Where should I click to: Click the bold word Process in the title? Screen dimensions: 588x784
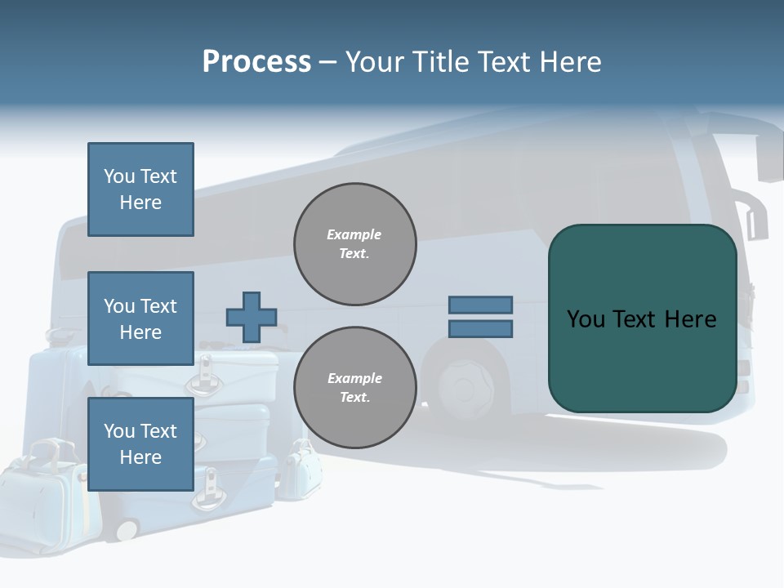(x=256, y=61)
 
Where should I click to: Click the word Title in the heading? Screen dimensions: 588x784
(x=435, y=61)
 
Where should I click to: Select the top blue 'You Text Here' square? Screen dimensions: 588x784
(x=140, y=189)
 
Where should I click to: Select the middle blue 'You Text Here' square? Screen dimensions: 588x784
(x=140, y=318)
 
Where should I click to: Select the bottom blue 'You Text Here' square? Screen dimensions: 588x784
(x=140, y=443)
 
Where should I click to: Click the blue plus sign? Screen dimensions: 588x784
(x=252, y=317)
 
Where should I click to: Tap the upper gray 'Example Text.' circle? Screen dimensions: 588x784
(x=354, y=244)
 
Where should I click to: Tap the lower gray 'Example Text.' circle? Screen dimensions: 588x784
(x=354, y=387)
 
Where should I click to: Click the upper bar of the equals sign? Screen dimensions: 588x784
(x=480, y=305)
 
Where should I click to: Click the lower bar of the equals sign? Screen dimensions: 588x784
(x=480, y=329)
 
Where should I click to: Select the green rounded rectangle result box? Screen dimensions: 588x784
(x=642, y=359)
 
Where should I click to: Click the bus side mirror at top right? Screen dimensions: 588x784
(x=769, y=159)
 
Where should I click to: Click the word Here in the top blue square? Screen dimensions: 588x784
(x=140, y=203)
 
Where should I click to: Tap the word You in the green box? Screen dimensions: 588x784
(x=586, y=319)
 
